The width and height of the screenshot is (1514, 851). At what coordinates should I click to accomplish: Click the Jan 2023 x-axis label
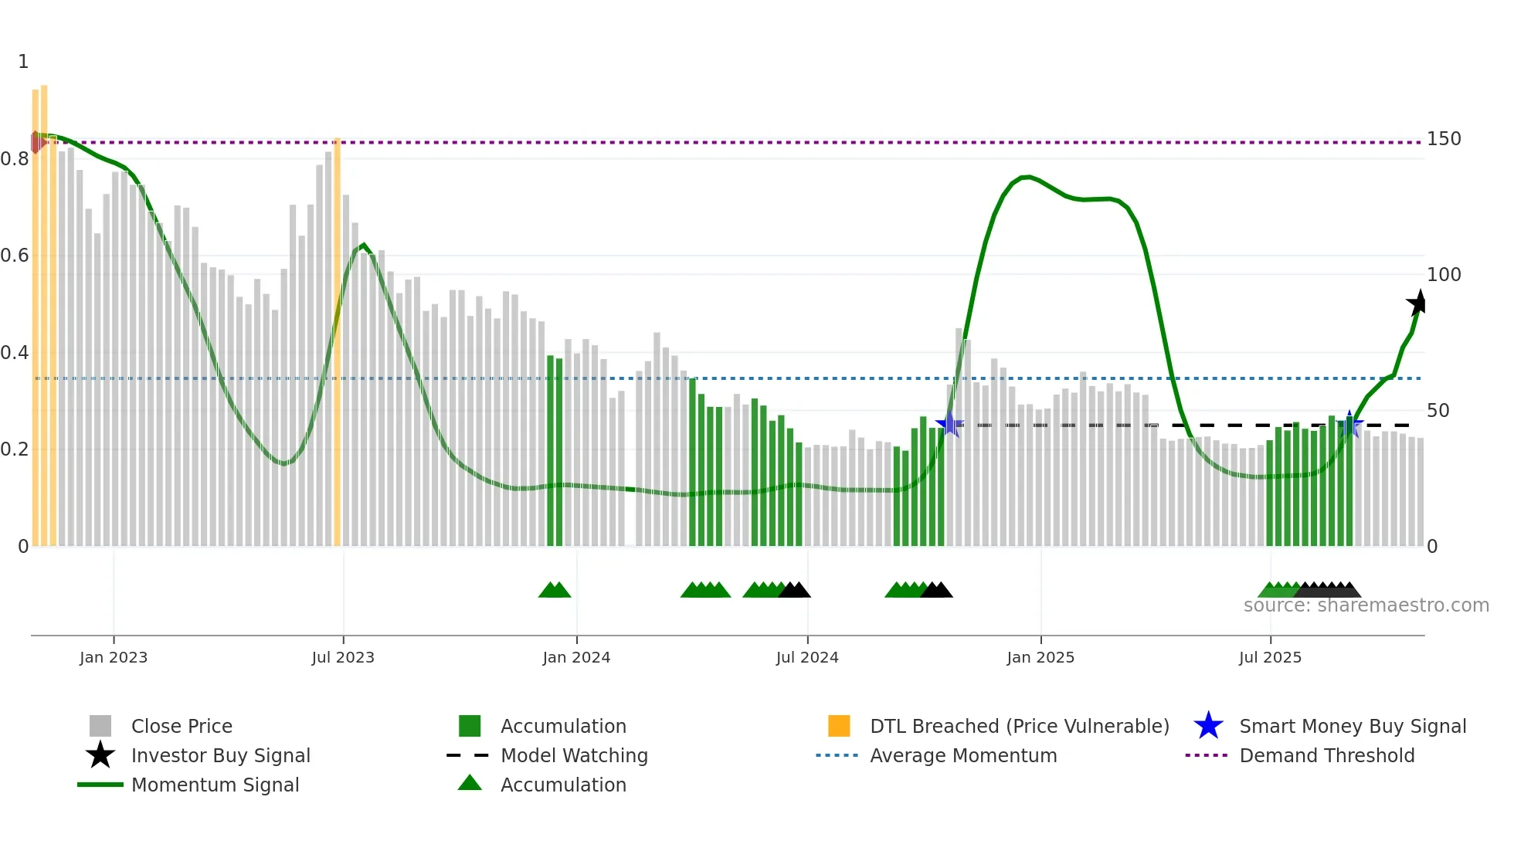coord(113,657)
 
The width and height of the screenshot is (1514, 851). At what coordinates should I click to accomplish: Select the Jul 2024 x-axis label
coord(807,657)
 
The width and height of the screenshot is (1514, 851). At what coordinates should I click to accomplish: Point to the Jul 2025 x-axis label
coord(1270,657)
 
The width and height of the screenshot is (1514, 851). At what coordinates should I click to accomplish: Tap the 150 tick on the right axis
coord(1444,139)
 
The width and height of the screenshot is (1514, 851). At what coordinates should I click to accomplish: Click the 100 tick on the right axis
coord(1444,275)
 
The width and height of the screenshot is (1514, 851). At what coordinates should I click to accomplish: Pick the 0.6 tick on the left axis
coord(15,256)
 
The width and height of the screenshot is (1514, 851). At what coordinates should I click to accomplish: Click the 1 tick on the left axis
coord(23,62)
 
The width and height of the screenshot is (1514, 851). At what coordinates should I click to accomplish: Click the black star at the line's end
coord(1417,303)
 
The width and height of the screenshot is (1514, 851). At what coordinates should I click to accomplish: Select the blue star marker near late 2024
coord(949,424)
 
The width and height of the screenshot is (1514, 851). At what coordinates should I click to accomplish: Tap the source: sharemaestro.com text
coord(1366,605)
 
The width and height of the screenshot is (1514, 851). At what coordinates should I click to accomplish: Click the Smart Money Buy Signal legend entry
coord(1352,727)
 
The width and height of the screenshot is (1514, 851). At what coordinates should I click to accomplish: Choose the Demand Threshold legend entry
coord(1326,756)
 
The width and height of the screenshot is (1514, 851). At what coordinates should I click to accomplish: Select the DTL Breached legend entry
coord(1019,727)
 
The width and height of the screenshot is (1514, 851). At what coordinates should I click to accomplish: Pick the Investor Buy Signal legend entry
coord(220,756)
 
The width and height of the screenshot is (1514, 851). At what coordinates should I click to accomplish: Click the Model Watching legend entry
coord(573,756)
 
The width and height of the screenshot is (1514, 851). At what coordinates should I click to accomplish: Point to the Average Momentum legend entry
coord(962,756)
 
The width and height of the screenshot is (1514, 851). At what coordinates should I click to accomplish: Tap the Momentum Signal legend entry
coord(215,785)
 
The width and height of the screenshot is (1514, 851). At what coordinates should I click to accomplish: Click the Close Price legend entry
coord(181,727)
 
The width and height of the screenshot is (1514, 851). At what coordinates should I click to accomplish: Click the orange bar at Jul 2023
coord(337,340)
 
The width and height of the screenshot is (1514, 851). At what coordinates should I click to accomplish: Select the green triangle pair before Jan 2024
coord(555,590)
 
